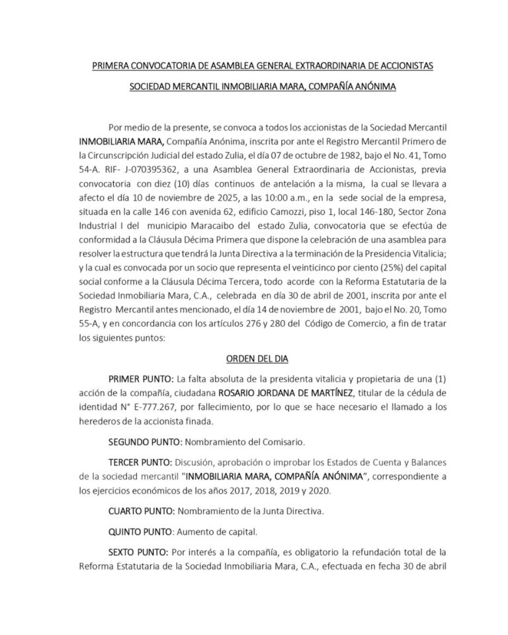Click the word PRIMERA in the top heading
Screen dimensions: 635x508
[x=110, y=67]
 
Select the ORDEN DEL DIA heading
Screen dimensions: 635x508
[x=253, y=358]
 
